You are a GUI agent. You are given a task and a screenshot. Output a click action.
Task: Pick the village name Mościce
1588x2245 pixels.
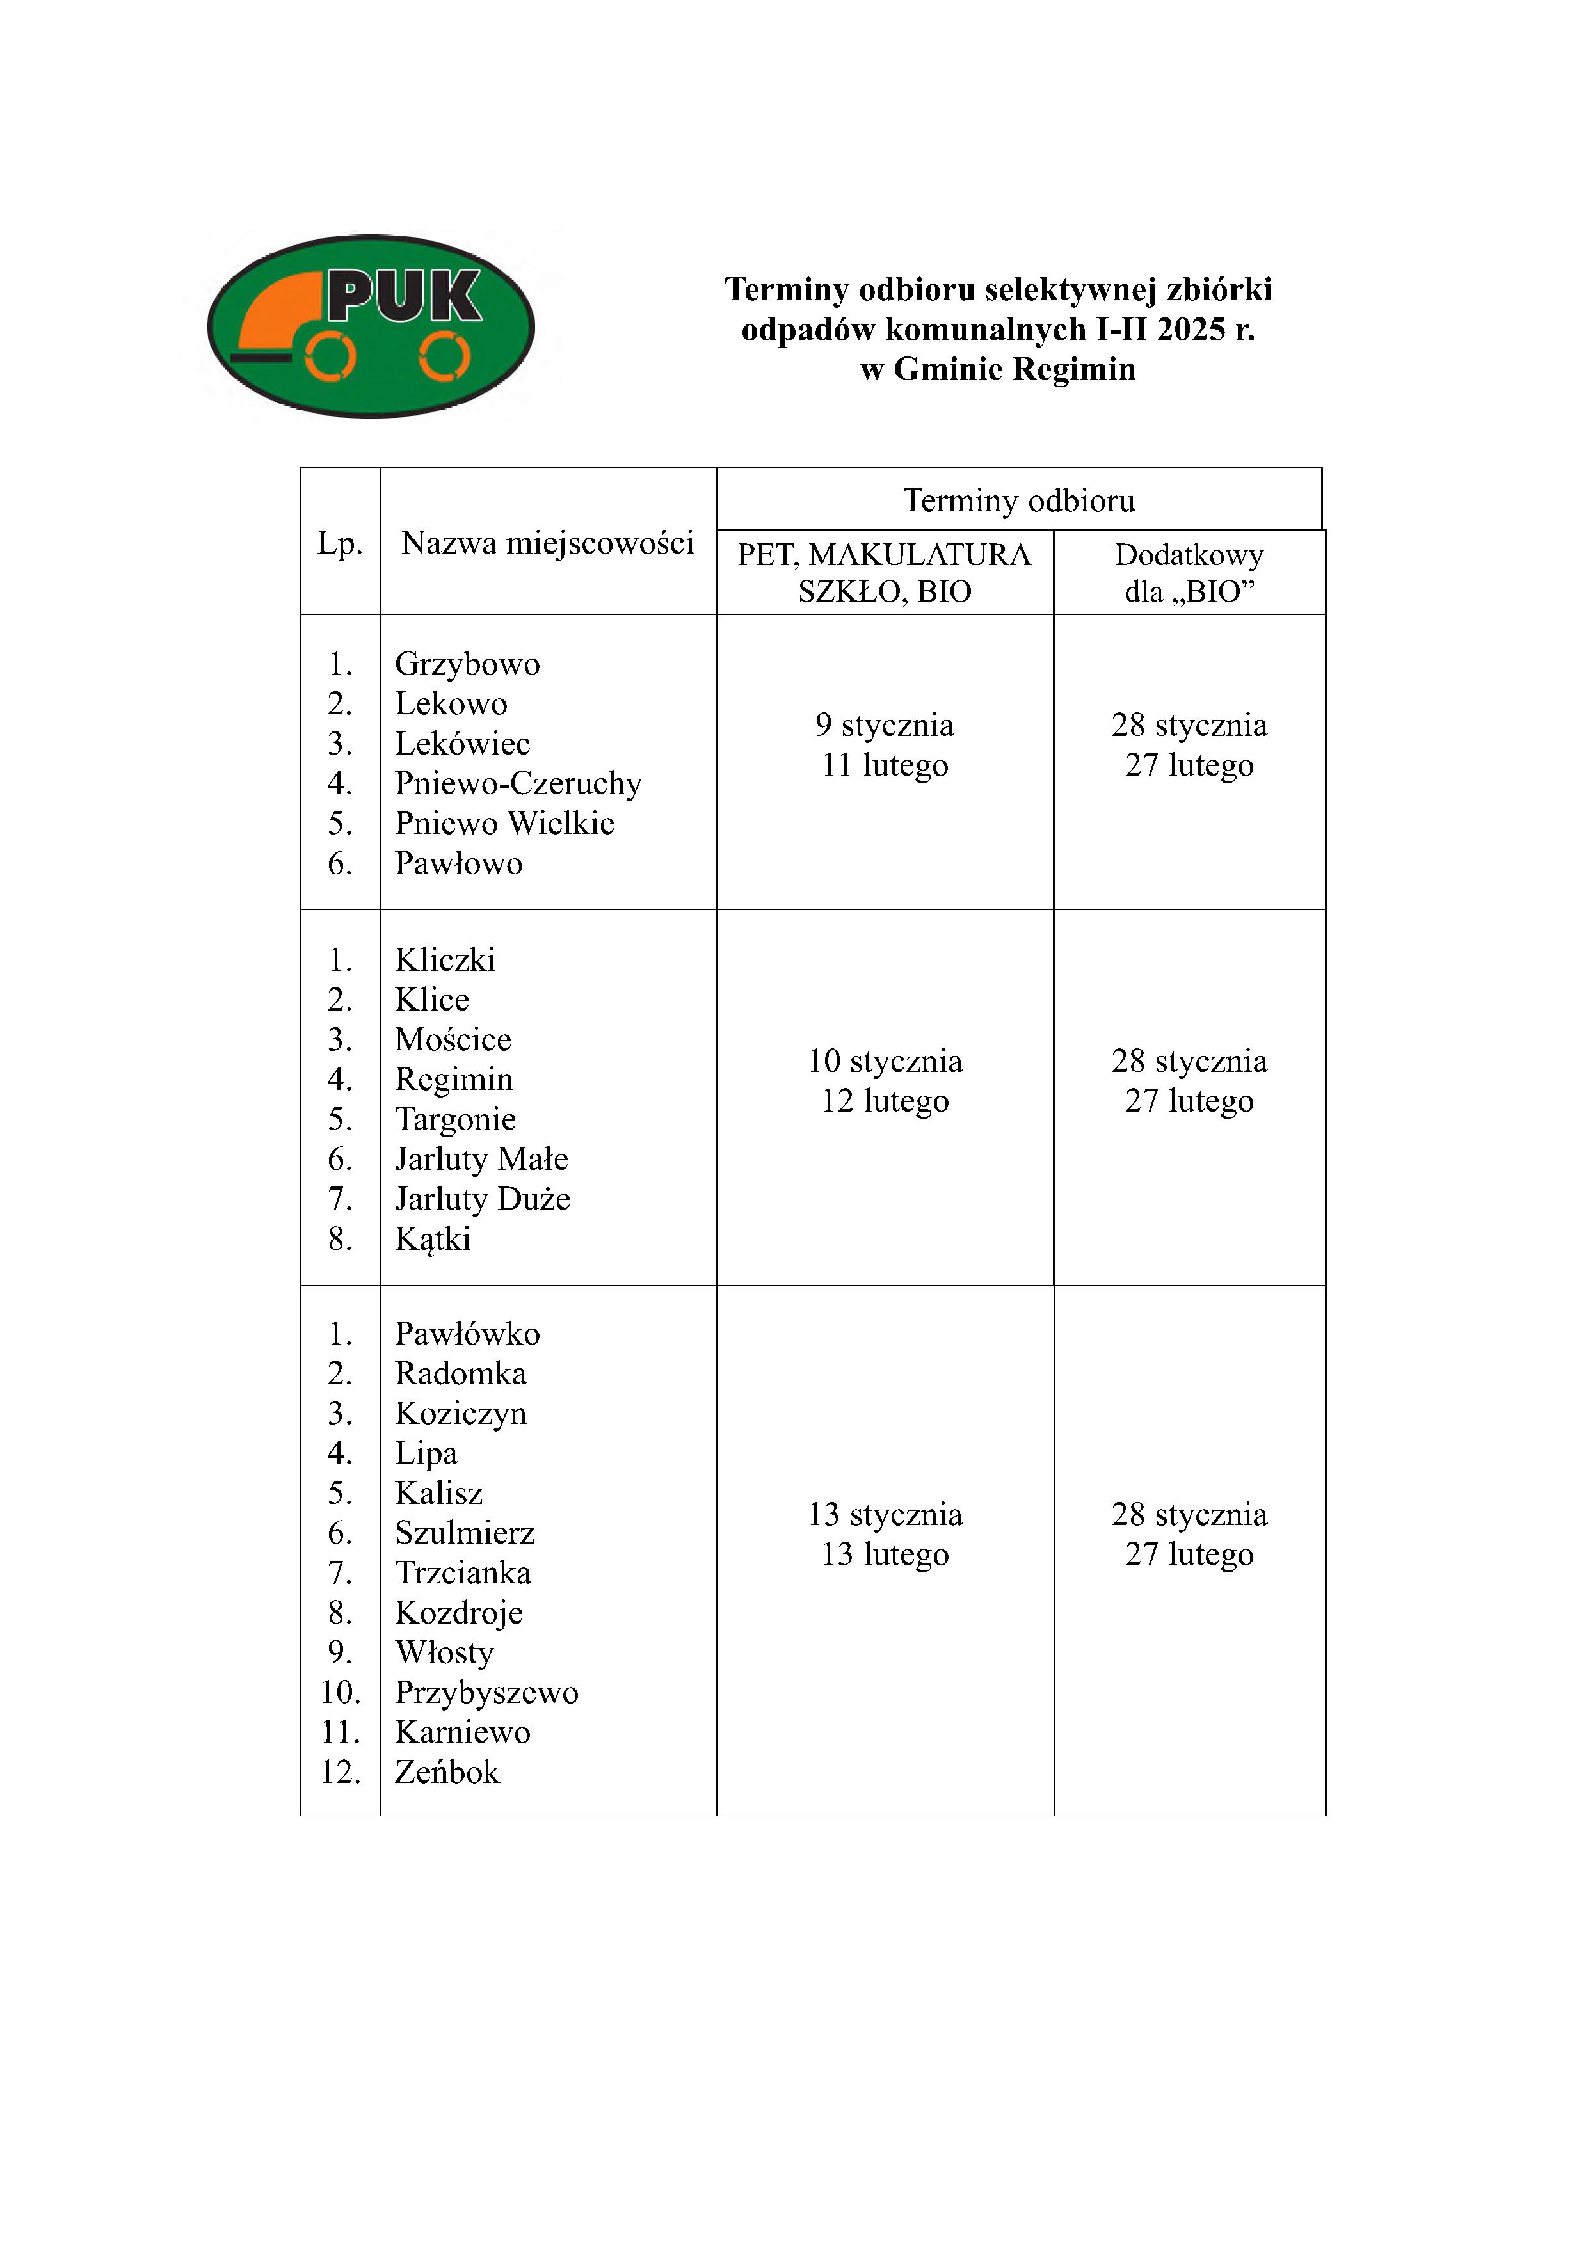[453, 1039]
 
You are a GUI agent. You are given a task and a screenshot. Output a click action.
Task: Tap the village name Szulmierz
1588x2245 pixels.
[465, 1533]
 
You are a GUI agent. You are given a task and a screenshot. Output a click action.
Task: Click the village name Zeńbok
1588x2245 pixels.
[447, 1773]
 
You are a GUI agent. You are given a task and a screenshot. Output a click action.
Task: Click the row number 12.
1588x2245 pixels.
[341, 1773]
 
